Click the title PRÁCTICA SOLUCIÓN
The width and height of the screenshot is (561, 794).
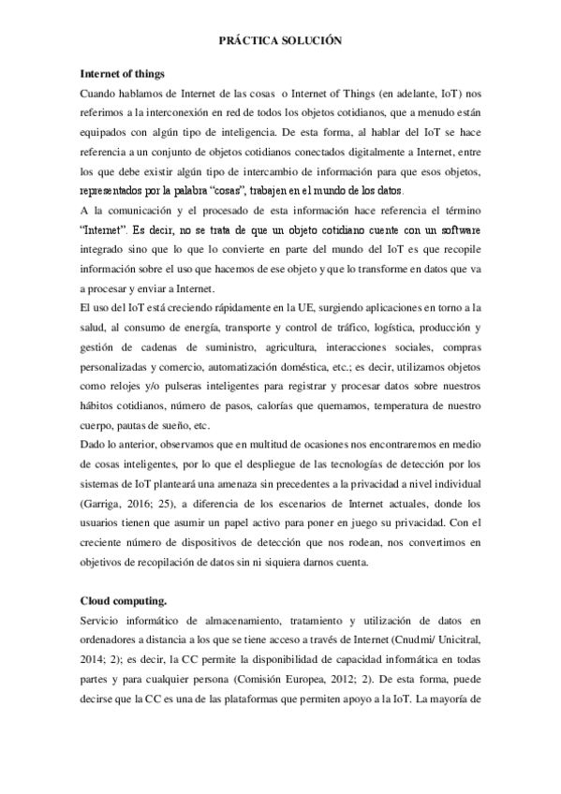point(280,41)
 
